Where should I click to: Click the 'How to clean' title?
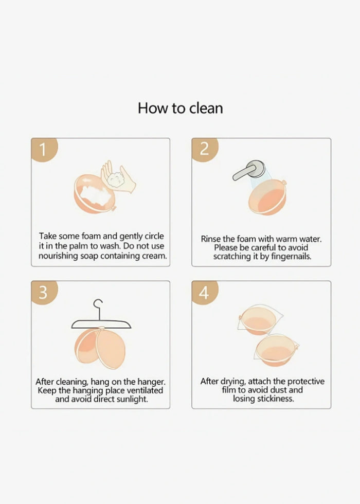point(181,109)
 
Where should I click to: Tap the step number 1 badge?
point(44,150)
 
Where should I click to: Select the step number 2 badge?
point(205,150)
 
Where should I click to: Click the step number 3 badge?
point(44,292)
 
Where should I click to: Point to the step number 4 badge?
point(205,292)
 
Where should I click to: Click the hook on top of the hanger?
point(98,309)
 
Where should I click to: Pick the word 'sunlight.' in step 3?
point(132,400)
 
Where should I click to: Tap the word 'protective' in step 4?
point(305,382)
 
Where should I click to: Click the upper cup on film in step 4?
point(259,320)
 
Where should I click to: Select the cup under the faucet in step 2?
point(267,196)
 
